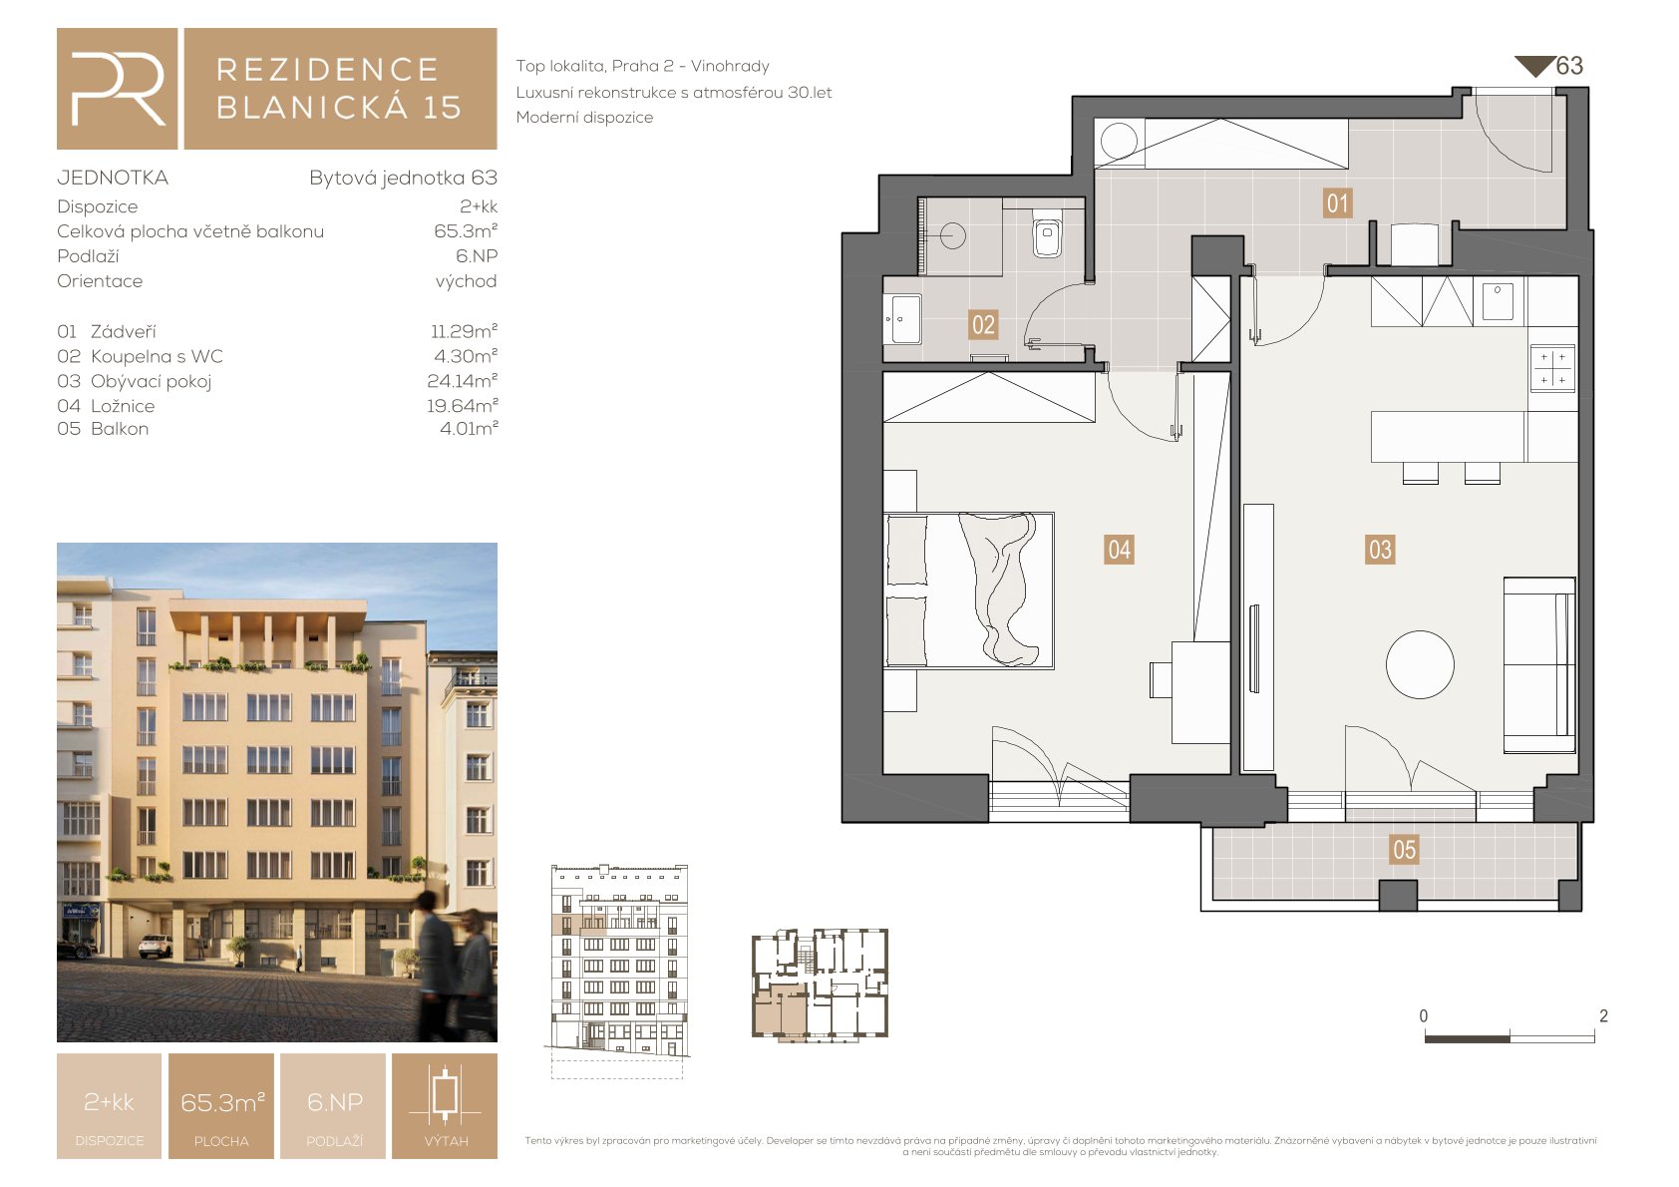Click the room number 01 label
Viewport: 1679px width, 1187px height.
1337,203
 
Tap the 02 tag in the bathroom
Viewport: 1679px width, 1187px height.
983,325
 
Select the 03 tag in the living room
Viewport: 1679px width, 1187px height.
1380,550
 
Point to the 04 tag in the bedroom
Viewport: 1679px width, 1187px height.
1119,550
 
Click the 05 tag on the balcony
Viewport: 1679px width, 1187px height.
1404,850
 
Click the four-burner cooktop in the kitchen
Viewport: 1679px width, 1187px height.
1552,368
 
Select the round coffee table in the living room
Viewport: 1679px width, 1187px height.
1420,664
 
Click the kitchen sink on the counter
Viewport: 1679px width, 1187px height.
1498,300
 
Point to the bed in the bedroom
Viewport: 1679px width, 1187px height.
969,591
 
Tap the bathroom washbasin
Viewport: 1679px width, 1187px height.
903,319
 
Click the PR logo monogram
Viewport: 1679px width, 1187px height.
118,89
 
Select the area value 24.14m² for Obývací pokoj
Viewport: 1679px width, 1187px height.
462,380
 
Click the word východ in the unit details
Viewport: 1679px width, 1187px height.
466,280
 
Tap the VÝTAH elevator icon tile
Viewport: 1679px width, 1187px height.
445,1106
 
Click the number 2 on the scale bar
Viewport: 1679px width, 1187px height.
1603,1016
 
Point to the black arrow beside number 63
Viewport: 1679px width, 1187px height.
1534,67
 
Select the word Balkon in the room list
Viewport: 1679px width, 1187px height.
120,429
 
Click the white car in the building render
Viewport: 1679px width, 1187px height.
156,947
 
